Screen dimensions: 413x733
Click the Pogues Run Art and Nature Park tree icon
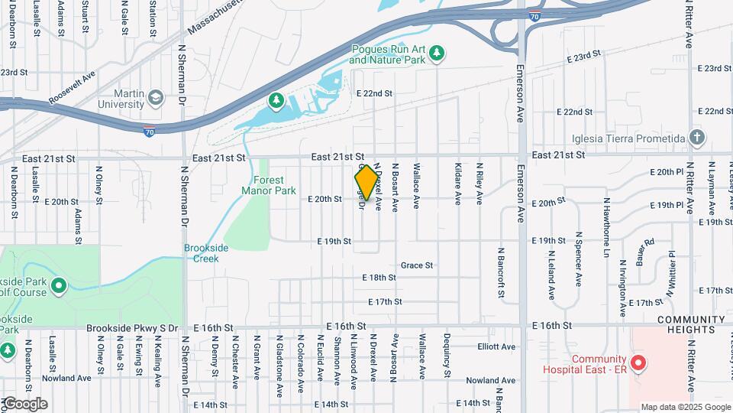(x=437, y=54)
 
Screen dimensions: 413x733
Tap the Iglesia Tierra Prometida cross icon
(x=696, y=138)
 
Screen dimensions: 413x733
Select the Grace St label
(x=417, y=265)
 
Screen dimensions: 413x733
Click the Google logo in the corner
(x=24, y=403)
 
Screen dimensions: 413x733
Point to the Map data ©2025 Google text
(x=685, y=407)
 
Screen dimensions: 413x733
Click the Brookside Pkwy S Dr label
(x=132, y=327)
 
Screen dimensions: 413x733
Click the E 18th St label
(x=379, y=277)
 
